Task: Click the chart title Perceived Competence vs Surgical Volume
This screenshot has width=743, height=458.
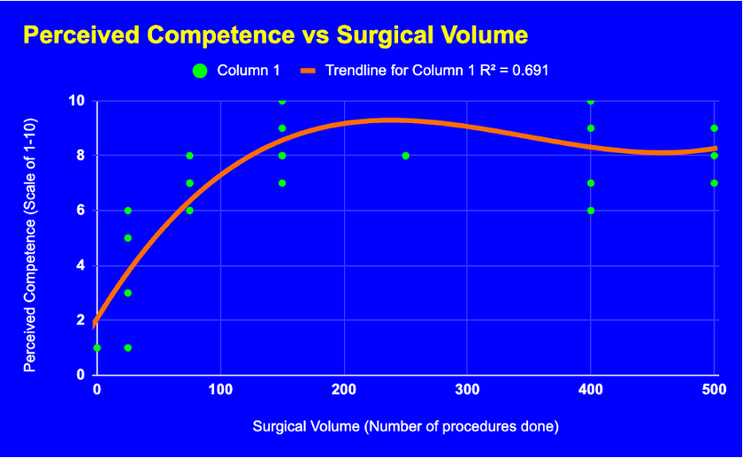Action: [x=275, y=35]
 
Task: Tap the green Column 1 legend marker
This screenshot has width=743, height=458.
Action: [x=200, y=71]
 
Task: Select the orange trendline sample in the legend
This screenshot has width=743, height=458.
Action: [x=309, y=71]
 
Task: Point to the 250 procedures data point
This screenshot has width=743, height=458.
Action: [x=406, y=156]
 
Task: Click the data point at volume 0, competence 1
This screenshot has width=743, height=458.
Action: [x=97, y=347]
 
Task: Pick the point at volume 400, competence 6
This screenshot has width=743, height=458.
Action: [x=591, y=210]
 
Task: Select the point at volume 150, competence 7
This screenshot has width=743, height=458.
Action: [x=282, y=183]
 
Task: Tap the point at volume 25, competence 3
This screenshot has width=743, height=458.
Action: [x=128, y=293]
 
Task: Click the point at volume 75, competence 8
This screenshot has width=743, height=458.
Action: [x=189, y=156]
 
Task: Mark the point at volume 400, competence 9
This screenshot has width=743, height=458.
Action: [x=591, y=128]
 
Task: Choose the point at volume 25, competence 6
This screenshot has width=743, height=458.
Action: [x=128, y=210]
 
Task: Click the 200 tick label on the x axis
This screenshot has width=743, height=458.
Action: [x=344, y=389]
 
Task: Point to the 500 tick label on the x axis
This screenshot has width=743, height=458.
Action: [x=714, y=389]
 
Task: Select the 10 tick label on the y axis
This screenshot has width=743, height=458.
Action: [x=77, y=101]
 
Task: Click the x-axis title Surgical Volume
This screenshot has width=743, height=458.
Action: [x=406, y=426]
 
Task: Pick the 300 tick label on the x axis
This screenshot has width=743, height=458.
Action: [x=468, y=389]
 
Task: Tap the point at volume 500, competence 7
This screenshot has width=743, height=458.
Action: [x=714, y=183]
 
